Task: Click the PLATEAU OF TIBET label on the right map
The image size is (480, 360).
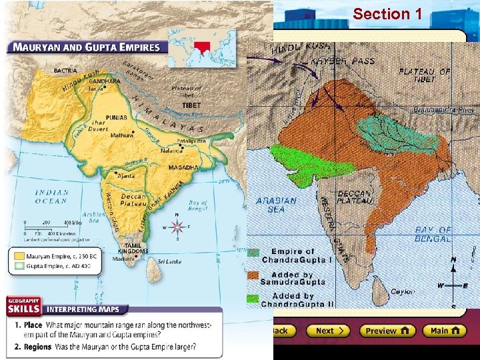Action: pos(425,75)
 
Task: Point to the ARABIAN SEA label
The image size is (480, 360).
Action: pos(281,205)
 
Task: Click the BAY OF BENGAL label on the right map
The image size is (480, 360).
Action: pos(433,234)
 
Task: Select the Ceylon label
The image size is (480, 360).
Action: pos(403,291)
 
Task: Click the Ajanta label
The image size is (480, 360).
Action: pos(125,177)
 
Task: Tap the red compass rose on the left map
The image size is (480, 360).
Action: pos(177,227)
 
